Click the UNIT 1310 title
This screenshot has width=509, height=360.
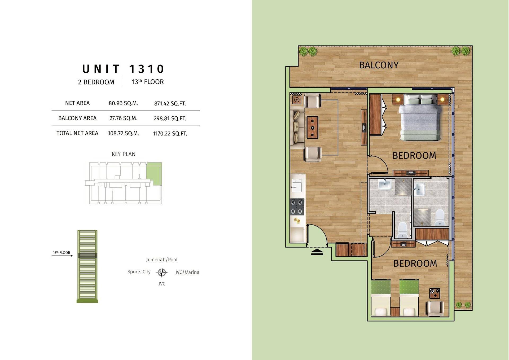[x=123, y=69]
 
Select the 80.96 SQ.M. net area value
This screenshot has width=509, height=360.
[x=123, y=103]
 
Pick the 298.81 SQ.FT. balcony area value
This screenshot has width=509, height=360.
[x=170, y=118]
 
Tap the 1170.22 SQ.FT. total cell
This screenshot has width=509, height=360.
[x=170, y=134]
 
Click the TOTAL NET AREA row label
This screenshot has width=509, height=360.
[x=77, y=133]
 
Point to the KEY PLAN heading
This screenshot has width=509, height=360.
[x=124, y=154]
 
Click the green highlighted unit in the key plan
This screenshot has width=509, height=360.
[x=154, y=174]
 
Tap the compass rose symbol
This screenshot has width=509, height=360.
[x=162, y=272]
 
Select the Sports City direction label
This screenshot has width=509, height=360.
[x=139, y=272]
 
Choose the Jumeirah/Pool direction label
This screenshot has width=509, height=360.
[x=162, y=260]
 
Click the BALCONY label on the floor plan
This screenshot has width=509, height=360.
[x=379, y=65]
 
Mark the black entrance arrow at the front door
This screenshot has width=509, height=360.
[x=317, y=252]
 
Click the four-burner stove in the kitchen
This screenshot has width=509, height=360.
[x=297, y=207]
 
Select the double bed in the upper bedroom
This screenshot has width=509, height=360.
[x=420, y=118]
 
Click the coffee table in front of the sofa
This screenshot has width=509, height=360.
[x=312, y=128]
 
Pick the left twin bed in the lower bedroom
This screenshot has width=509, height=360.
[x=381, y=298]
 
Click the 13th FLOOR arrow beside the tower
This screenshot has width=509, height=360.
[x=62, y=256]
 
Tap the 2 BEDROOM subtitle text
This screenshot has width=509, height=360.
[x=96, y=82]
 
